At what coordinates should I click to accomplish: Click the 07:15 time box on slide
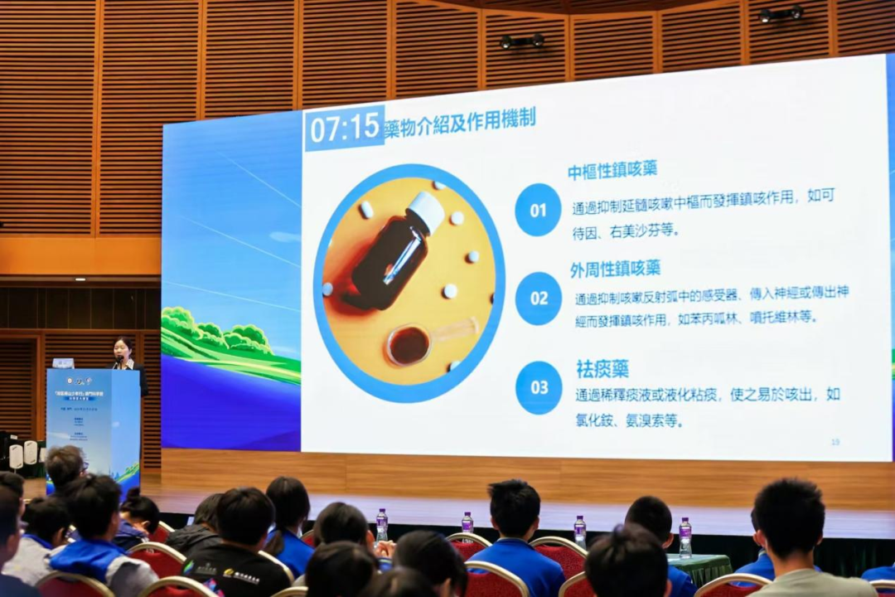[344, 128]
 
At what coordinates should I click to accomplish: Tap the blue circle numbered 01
[538, 210]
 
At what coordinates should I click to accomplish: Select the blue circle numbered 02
[539, 298]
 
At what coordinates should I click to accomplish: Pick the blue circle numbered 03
[539, 387]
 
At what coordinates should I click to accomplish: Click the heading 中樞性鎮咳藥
[612, 170]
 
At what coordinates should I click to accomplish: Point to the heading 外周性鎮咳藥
[615, 269]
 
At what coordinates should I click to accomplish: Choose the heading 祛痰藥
[602, 368]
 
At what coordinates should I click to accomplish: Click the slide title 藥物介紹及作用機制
[460, 123]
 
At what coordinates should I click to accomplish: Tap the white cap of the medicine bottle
[428, 211]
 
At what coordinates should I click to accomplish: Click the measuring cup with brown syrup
[409, 344]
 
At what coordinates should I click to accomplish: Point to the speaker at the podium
[125, 355]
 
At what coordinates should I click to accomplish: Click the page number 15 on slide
[835, 442]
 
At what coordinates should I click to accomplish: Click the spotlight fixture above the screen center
[521, 41]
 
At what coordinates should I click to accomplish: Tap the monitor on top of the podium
[63, 363]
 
